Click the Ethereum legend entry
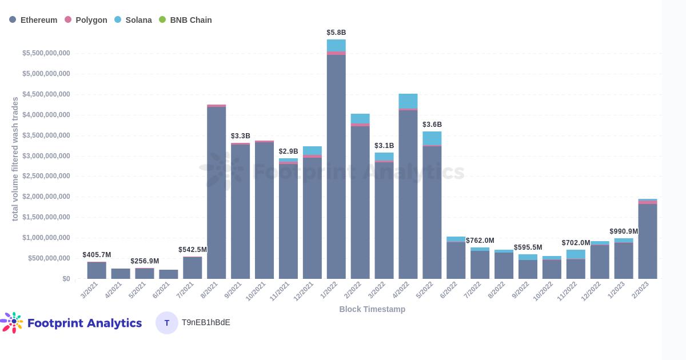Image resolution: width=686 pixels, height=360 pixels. tap(33, 20)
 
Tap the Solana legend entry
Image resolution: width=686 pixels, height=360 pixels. tap(133, 20)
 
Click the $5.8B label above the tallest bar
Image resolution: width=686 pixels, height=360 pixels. tap(336, 33)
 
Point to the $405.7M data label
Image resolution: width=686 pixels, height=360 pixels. tap(97, 255)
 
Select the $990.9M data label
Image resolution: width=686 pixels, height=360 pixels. tap(624, 231)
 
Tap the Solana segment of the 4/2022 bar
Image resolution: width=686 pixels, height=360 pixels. tap(408, 101)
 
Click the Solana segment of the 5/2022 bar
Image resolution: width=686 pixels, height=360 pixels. tap(432, 138)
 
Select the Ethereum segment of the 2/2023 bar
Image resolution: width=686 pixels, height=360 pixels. tap(648, 241)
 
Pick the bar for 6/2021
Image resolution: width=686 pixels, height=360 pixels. tap(169, 274)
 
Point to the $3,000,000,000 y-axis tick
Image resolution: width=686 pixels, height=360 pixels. tap(46, 156)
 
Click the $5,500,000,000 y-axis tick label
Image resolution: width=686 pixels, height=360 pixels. tap(46, 53)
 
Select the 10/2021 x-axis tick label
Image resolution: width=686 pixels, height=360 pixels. tap(256, 291)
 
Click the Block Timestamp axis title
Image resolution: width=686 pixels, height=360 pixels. tap(372, 309)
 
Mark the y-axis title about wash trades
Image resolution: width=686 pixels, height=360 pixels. tap(15, 159)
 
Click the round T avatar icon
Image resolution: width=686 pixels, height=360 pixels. tap(167, 323)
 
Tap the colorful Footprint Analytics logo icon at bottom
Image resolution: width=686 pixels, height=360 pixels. tap(13, 322)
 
